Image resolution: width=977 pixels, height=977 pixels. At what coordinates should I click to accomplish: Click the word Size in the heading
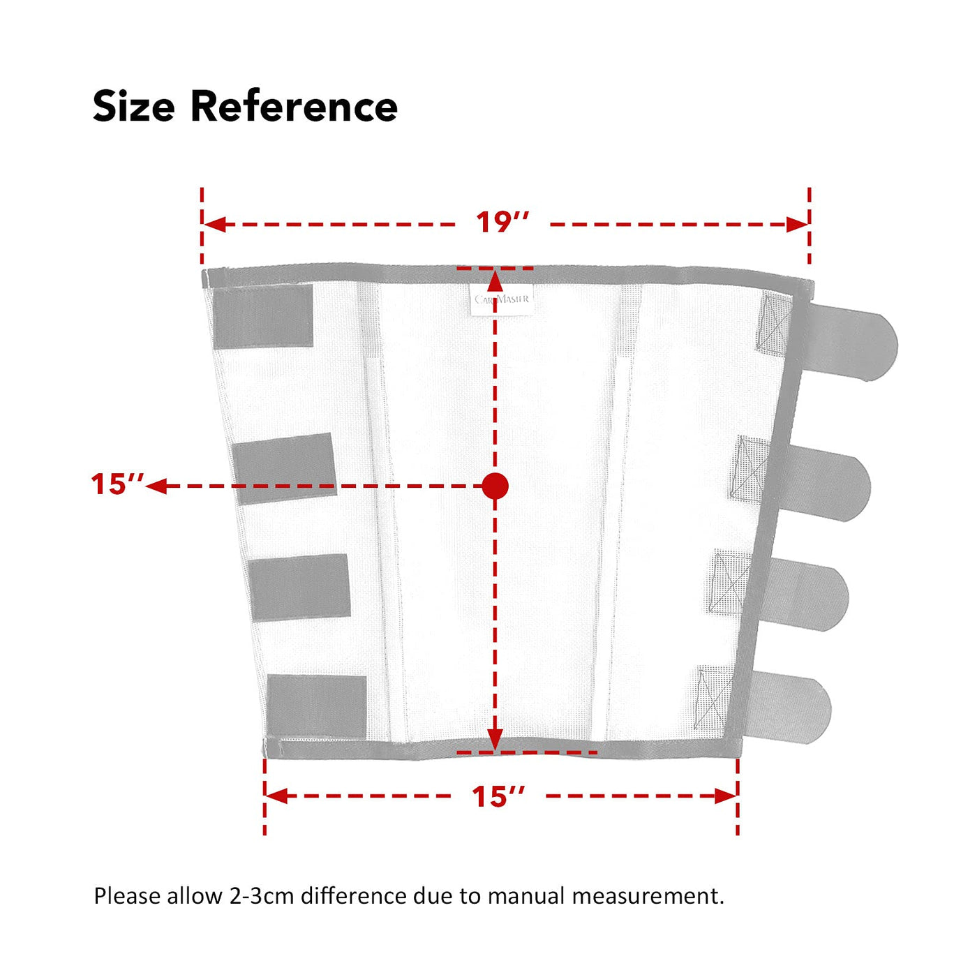tap(134, 107)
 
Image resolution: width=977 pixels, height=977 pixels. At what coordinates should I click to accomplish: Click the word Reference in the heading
tap(294, 106)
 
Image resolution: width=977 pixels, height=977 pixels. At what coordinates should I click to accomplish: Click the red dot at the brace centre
tap(495, 486)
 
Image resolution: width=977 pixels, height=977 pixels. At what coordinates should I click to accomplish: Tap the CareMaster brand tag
tap(502, 299)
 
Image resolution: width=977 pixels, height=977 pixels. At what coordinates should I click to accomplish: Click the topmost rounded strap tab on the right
tap(847, 342)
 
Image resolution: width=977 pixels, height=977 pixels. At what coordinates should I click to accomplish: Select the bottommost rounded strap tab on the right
tap(785, 707)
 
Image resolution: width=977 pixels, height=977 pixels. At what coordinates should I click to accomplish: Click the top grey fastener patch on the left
tap(263, 316)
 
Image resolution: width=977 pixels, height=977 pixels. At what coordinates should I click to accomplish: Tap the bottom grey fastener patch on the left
tap(316, 706)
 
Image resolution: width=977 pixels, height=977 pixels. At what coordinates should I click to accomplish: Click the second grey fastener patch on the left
tap(285, 468)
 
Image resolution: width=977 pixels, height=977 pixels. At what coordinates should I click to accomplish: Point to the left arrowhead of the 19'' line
tap(214, 224)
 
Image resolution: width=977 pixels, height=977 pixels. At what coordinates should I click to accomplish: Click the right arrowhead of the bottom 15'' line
tap(726, 796)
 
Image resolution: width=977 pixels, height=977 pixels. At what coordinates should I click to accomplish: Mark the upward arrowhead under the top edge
tap(495, 281)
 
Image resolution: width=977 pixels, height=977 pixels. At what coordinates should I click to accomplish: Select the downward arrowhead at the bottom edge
tap(495, 740)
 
